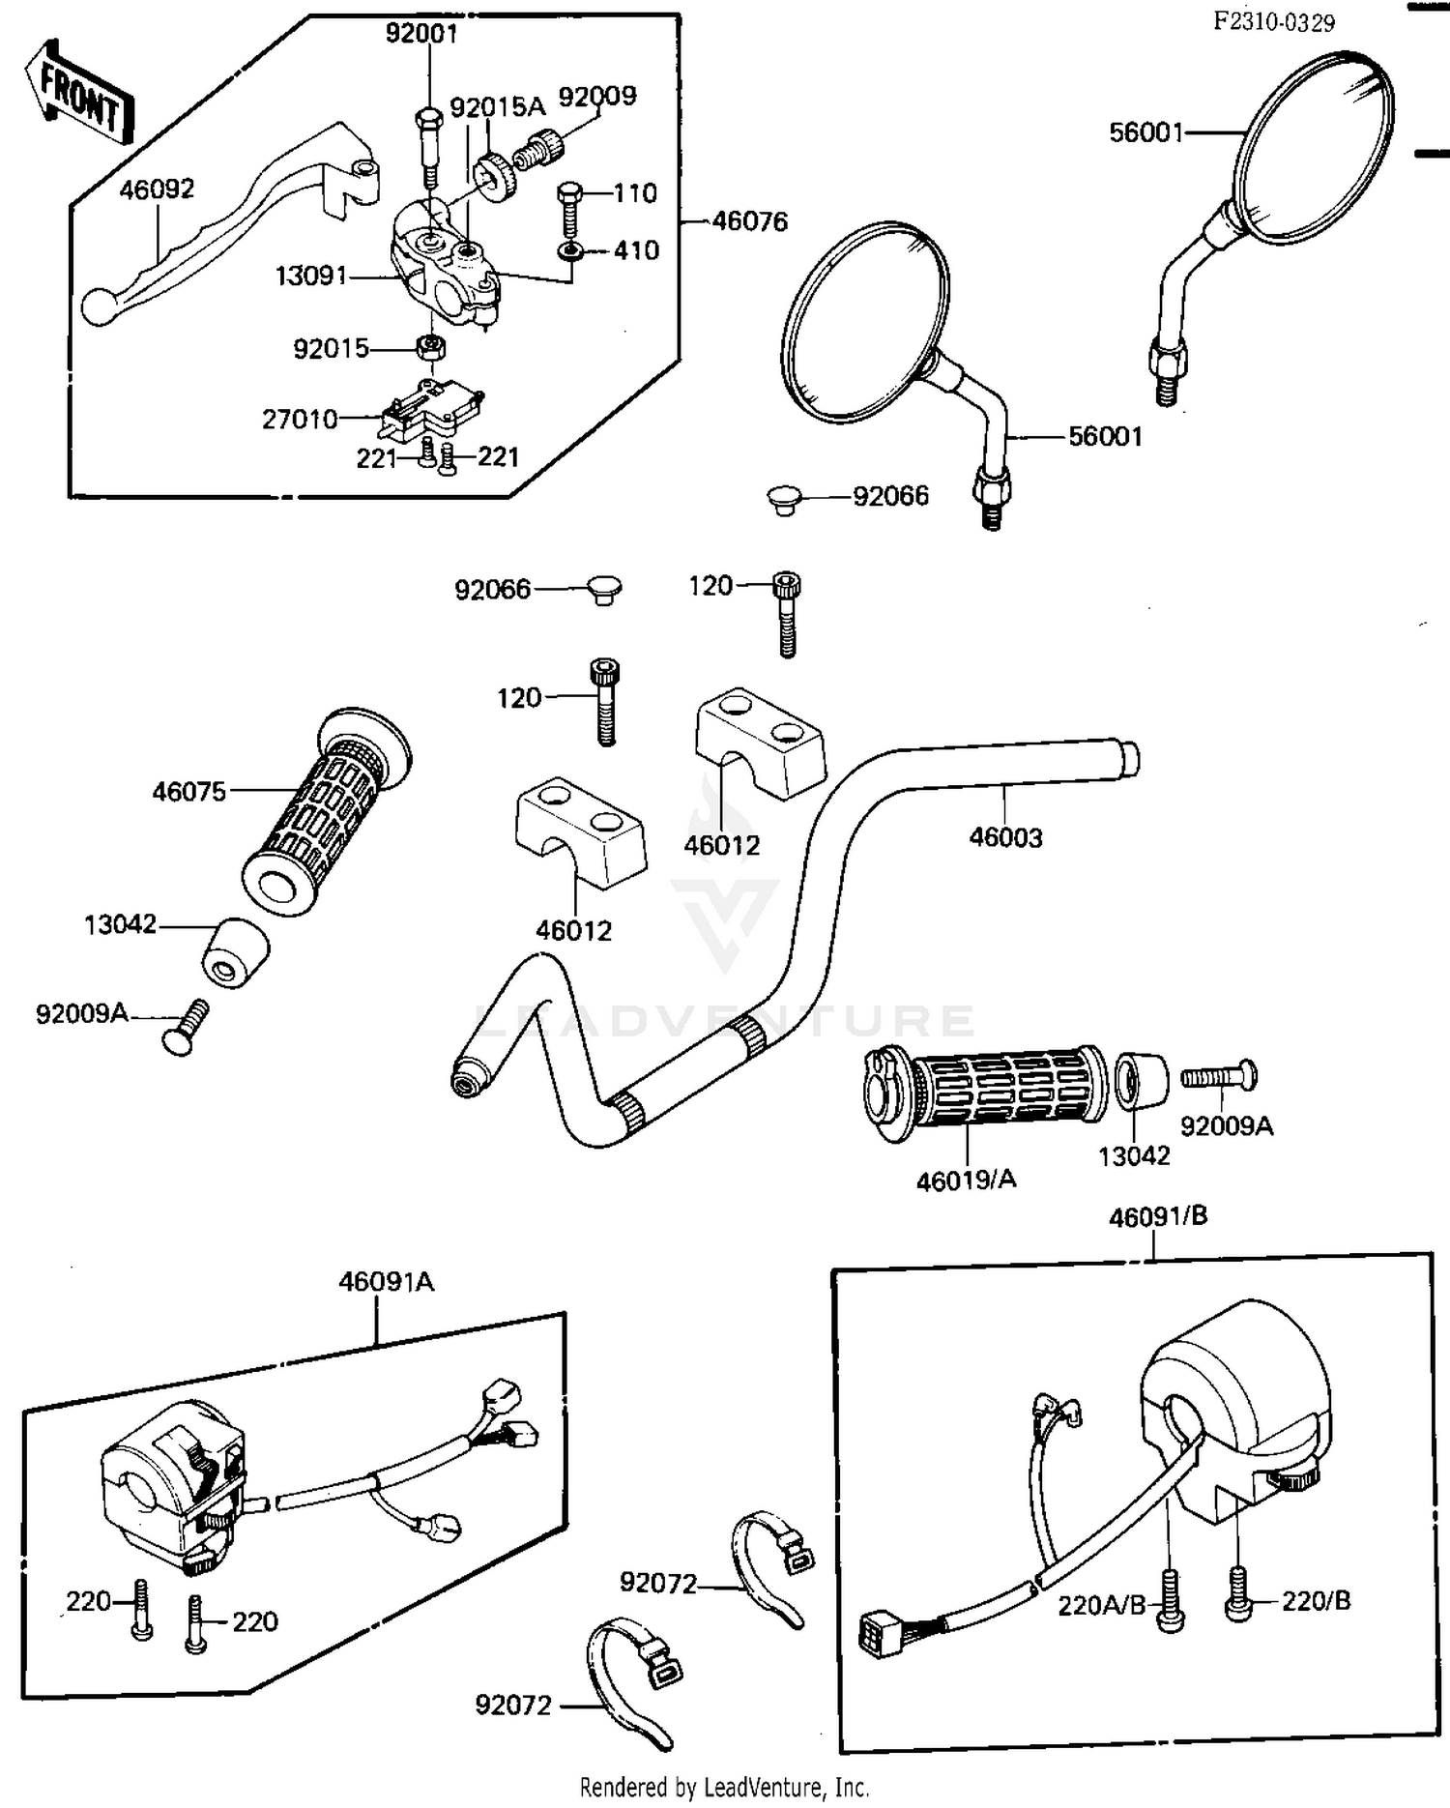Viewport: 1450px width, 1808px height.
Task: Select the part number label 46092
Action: coord(157,189)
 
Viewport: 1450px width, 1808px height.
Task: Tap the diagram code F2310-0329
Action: coord(1274,22)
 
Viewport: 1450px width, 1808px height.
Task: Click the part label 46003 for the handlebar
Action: coord(1005,837)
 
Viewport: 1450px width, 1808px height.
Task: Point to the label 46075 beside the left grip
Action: coord(188,792)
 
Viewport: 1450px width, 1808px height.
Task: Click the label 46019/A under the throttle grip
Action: coord(966,1180)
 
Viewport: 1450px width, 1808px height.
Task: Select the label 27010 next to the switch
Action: coord(300,420)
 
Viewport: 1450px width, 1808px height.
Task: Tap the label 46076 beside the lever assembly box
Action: coord(749,221)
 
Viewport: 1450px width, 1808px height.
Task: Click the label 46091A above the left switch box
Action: coord(386,1282)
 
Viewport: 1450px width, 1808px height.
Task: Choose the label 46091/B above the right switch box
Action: coord(1158,1216)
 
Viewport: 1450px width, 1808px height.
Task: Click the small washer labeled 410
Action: coord(570,252)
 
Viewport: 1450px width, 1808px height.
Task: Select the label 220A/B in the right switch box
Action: coord(1101,1606)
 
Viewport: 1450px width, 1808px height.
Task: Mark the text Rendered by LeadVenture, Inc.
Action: coord(724,1787)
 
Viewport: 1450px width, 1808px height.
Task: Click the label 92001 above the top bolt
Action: coord(421,34)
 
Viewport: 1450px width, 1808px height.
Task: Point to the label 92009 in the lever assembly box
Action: coord(597,97)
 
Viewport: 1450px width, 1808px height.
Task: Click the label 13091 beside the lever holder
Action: coord(310,277)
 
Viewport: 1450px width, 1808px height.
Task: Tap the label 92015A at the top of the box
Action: coord(497,106)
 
